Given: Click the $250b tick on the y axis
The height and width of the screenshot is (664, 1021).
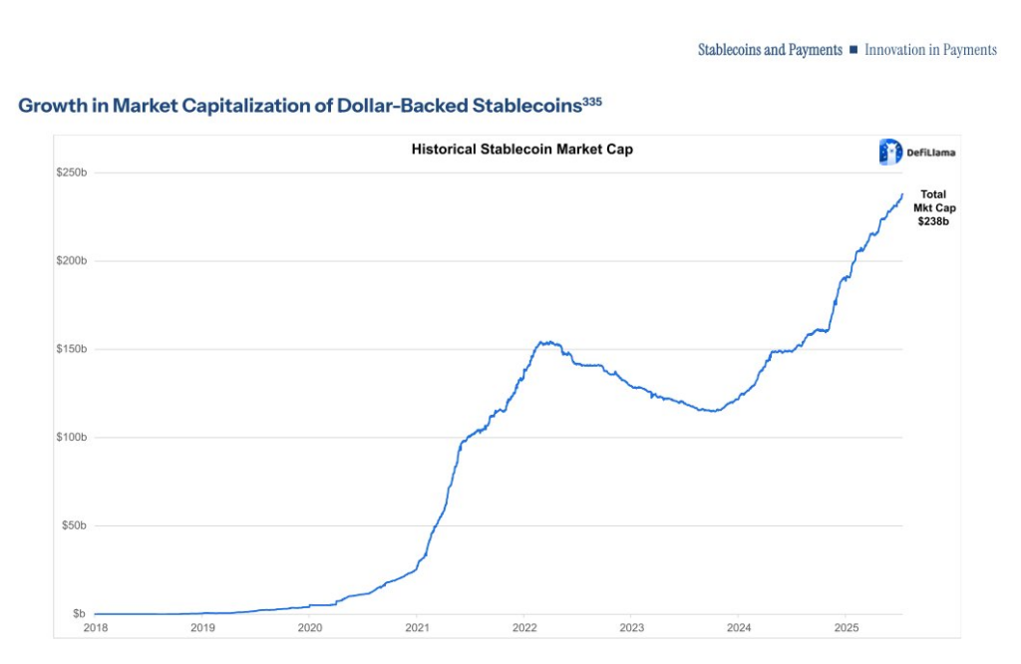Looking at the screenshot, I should click(71, 172).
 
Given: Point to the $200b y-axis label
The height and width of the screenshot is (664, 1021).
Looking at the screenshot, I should click(71, 260).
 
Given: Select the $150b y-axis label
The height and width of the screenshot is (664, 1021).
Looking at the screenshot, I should click(71, 349).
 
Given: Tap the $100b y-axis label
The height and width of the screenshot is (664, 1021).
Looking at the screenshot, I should click(71, 437).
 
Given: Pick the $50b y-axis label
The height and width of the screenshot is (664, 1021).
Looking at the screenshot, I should click(73, 525).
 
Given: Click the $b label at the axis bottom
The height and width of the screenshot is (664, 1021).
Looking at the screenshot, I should click(78, 613).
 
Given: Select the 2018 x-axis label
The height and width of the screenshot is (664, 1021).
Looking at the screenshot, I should click(96, 627).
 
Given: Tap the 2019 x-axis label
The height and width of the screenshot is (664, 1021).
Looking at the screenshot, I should click(202, 627).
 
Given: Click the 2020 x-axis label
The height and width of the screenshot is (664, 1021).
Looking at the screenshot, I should click(310, 627).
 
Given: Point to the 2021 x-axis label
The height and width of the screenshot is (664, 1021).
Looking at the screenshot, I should click(417, 627).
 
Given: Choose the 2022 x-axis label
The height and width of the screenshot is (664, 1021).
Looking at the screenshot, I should click(524, 627).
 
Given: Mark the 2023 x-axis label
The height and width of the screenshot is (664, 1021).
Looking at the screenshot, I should click(631, 627).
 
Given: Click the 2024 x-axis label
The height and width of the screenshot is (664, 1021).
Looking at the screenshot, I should click(739, 627).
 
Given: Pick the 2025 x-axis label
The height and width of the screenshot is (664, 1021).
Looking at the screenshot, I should click(846, 627).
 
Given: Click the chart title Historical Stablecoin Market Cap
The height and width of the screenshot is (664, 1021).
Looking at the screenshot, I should click(522, 150).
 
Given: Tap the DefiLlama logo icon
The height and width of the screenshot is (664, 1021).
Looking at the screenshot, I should click(889, 152).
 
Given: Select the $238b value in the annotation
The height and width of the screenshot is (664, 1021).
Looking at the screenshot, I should click(933, 221).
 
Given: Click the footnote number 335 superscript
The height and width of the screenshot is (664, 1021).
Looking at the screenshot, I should click(592, 101).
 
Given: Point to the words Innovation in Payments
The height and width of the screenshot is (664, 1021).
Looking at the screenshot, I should click(930, 50).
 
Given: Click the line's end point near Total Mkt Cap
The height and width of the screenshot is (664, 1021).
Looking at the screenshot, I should click(902, 194).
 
